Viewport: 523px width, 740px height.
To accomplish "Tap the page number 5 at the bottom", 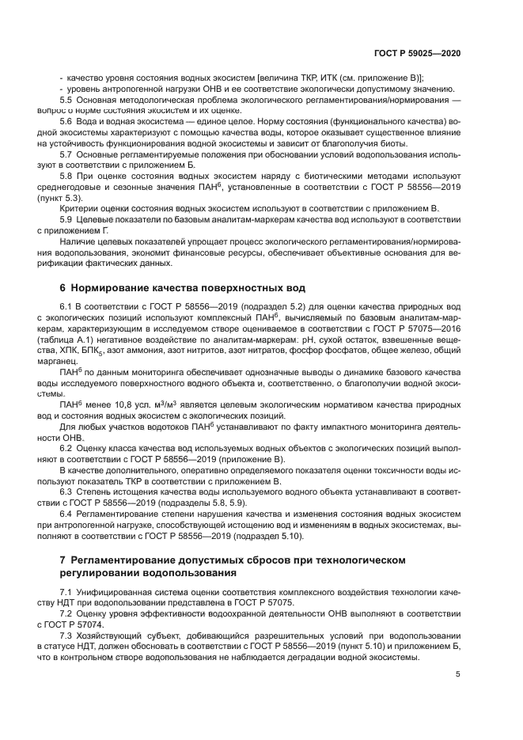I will coord(457,675).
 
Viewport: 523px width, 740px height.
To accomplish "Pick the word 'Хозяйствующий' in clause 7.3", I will coord(112,638).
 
